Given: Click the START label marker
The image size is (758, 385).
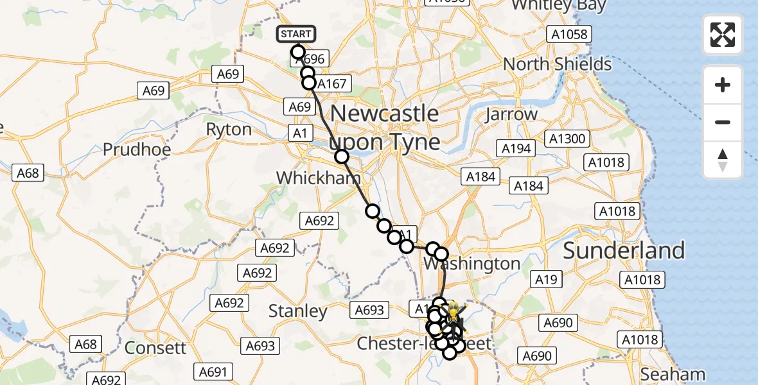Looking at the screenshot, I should tap(296, 34).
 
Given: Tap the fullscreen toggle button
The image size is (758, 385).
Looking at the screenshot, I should tap(723, 34).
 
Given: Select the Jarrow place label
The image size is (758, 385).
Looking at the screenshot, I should tap(512, 115).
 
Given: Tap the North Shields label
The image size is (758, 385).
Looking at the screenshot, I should tap(557, 64).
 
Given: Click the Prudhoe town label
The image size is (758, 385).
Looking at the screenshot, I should tap(137, 150).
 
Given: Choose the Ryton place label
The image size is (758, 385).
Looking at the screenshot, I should tap(229, 130).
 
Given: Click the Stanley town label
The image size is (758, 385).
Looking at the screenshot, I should tap(297, 312).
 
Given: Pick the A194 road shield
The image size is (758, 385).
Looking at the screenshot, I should tap(516, 149).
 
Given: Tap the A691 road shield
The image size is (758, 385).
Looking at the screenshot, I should tap(215, 372).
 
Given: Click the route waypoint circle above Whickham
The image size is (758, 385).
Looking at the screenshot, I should tap(341, 156).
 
